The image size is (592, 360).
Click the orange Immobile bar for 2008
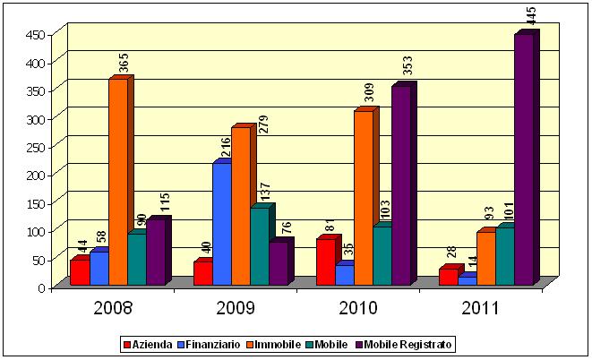tap(117, 183)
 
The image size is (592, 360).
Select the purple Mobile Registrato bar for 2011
tap(524, 161)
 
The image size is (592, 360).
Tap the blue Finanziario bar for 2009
tap(221, 225)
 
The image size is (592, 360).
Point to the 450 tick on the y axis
tap(33, 35)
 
